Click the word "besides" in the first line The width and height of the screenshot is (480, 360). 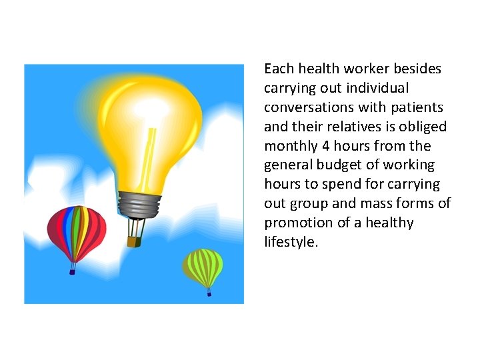(419, 69)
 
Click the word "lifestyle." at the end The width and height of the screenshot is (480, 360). (291, 242)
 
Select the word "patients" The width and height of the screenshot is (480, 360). (419, 107)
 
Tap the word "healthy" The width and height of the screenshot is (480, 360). (389, 223)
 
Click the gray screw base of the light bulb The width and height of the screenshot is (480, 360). (139, 203)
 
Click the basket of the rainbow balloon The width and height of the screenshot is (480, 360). (72, 271)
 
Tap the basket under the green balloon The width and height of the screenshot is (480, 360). (209, 293)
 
